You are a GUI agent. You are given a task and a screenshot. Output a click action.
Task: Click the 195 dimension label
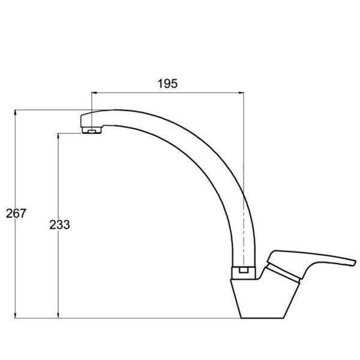pyautogui.click(x=167, y=83)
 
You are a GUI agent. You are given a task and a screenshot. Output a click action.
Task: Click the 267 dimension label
pyautogui.click(x=16, y=213)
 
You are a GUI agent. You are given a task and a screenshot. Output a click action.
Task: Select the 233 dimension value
pyautogui.click(x=59, y=224)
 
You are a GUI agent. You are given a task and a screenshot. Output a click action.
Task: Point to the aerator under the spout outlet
pyautogui.click(x=92, y=130)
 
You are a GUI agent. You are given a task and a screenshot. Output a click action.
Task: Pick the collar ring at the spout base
pyautogui.click(x=244, y=273)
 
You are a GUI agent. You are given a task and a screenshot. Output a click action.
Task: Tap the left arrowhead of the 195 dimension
pyautogui.click(x=94, y=93)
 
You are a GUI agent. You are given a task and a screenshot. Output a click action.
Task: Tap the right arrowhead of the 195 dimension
pyautogui.click(x=241, y=93)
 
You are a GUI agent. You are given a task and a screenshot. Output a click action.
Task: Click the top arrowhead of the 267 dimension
pyautogui.click(x=16, y=112)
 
